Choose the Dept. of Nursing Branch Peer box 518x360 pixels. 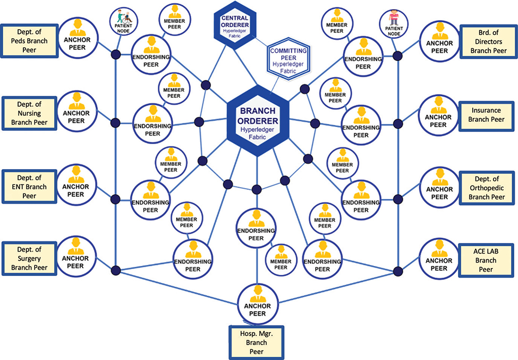[x=29, y=113]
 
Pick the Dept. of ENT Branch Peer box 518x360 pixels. [x=29, y=187]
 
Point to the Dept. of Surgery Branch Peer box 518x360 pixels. [x=29, y=258]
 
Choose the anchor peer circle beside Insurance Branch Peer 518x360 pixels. [x=438, y=113]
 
